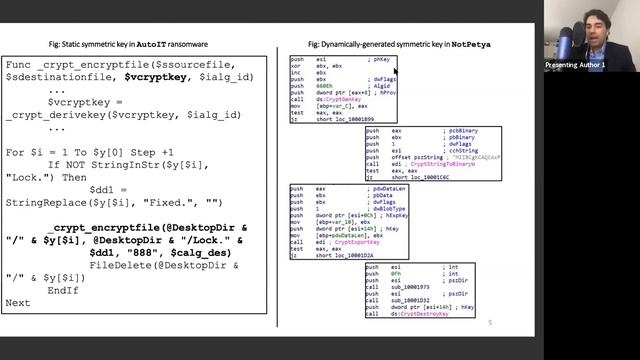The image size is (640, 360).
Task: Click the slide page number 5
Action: click(x=490, y=323)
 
